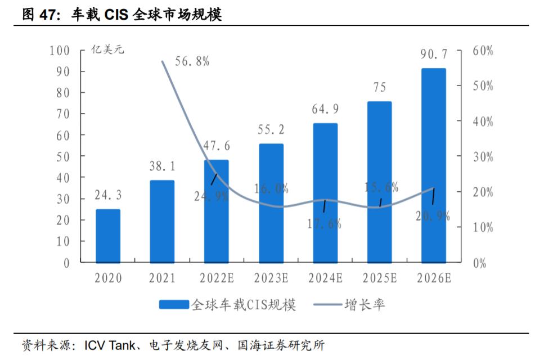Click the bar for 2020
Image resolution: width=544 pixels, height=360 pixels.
pyautogui.click(x=108, y=236)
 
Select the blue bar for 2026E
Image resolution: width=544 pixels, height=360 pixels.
pyautogui.click(x=434, y=165)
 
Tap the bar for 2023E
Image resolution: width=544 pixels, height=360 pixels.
pyautogui.click(x=271, y=203)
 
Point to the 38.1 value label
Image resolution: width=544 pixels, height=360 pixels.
pyautogui.click(x=162, y=166)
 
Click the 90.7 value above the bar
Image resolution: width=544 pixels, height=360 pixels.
pyautogui.click(x=434, y=55)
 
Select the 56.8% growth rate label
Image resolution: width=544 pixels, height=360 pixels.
pyautogui.click(x=192, y=62)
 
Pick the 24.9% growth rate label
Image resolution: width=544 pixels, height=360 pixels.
pyautogui.click(x=212, y=196)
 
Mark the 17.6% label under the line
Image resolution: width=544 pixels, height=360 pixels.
pyautogui.click(x=325, y=223)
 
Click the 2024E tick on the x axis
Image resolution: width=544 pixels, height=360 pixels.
pyautogui.click(x=325, y=278)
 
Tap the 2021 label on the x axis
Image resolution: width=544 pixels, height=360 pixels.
pyautogui.click(x=162, y=278)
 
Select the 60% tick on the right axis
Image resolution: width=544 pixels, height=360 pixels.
pyautogui.click(x=483, y=51)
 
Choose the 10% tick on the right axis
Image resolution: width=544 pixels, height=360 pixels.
pyautogui.click(x=483, y=228)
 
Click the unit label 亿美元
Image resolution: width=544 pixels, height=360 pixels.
pyautogui.click(x=108, y=49)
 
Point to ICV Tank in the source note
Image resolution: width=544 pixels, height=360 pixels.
pyautogui.click(x=109, y=345)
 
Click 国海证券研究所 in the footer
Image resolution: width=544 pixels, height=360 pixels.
pyautogui.click(x=281, y=345)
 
